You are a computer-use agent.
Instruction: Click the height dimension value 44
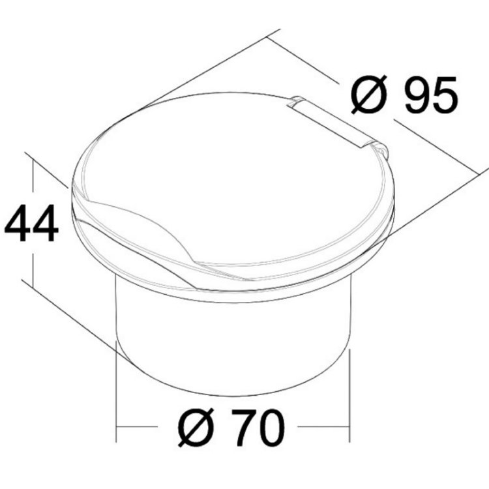pyautogui.click(x=31, y=223)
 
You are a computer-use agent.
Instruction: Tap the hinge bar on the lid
pyautogui.click(x=332, y=121)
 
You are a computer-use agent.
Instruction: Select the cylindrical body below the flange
pyautogui.click(x=235, y=339)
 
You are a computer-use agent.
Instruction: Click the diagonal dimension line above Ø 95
pyautogui.click(x=306, y=61)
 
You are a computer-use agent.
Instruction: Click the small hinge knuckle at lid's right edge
pyautogui.click(x=384, y=151)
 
